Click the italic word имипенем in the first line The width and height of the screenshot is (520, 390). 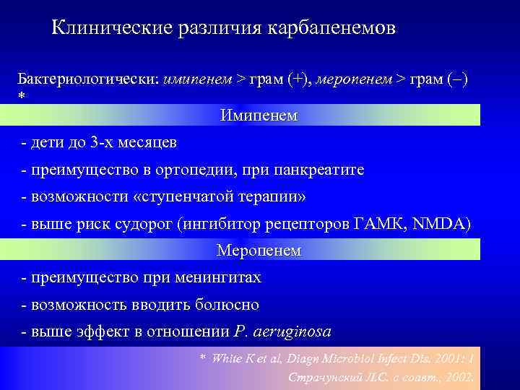[x=196, y=77]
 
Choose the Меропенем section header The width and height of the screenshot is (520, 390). [x=259, y=251]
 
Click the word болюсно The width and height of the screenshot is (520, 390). [x=227, y=305]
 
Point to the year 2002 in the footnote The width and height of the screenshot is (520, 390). [x=458, y=376]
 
